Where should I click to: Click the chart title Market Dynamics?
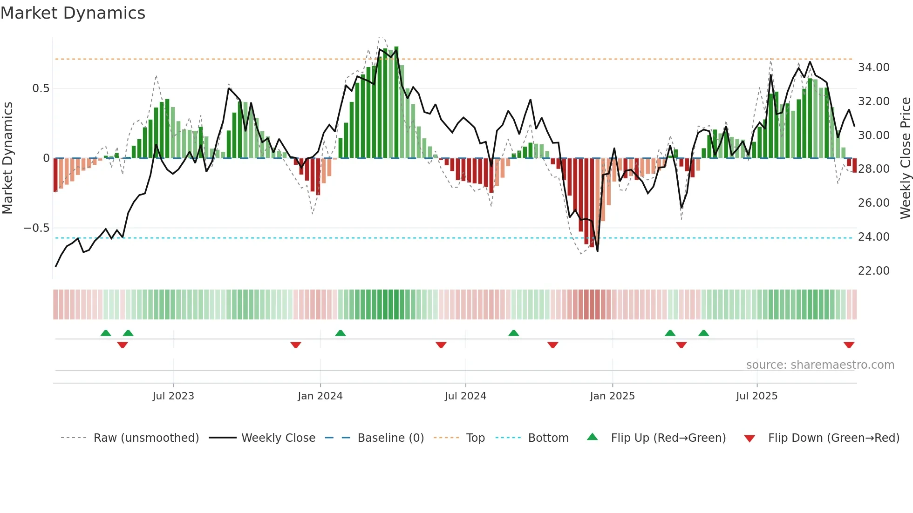pyautogui.click(x=73, y=13)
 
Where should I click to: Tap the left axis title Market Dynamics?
pyautogui.click(x=7, y=158)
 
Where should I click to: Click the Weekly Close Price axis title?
pyautogui.click(x=905, y=158)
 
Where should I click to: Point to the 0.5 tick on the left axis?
pyautogui.click(x=41, y=88)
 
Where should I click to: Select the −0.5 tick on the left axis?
pyautogui.click(x=37, y=228)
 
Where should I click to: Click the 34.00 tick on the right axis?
pyautogui.click(x=873, y=67)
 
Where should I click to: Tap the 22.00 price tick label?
pyautogui.click(x=873, y=271)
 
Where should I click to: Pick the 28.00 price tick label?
pyautogui.click(x=873, y=169)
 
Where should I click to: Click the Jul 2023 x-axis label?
pyautogui.click(x=173, y=396)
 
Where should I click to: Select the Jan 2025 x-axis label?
pyautogui.click(x=612, y=396)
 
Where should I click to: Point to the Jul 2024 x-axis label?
pyautogui.click(x=465, y=396)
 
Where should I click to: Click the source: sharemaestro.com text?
pyautogui.click(x=820, y=365)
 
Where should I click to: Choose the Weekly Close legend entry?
pyautogui.click(x=278, y=438)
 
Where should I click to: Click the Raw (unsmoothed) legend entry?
pyautogui.click(x=146, y=438)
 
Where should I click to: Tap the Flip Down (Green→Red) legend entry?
pyautogui.click(x=833, y=438)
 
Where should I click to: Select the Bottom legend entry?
pyautogui.click(x=548, y=438)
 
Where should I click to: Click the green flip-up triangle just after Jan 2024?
pyautogui.click(x=341, y=333)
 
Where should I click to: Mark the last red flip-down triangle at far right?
pyautogui.click(x=849, y=345)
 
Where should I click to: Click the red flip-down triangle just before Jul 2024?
pyautogui.click(x=441, y=345)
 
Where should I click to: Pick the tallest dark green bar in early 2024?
pyautogui.click(x=396, y=102)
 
